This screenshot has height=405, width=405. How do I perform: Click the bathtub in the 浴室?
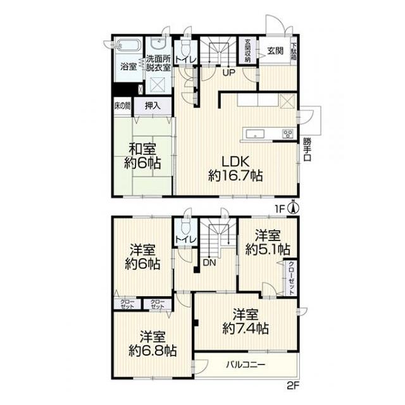click(128, 45)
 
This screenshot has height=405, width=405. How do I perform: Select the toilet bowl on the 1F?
click(185, 47)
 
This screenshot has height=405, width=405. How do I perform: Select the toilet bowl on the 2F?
click(185, 227)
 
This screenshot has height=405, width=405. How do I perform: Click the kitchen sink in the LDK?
click(255, 134)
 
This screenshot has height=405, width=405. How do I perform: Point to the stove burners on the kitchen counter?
click(288, 134)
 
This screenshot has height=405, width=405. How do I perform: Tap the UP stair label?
click(229, 73)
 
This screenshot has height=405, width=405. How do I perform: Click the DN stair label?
click(209, 263)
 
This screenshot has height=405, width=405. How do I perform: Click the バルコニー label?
click(246, 365)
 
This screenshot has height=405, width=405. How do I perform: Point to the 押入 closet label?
click(153, 106)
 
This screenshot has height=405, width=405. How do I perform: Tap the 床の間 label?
click(122, 106)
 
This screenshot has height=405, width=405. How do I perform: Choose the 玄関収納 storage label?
click(247, 51)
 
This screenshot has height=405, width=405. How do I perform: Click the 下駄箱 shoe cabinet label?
click(294, 51)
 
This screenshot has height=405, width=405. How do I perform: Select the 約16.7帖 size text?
click(235, 176)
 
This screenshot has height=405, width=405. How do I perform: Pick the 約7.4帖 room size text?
click(246, 328)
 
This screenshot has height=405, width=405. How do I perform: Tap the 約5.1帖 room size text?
click(268, 249)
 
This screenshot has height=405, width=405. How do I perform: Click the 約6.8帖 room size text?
click(153, 351)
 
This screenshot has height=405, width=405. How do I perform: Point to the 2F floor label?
click(293, 386)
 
